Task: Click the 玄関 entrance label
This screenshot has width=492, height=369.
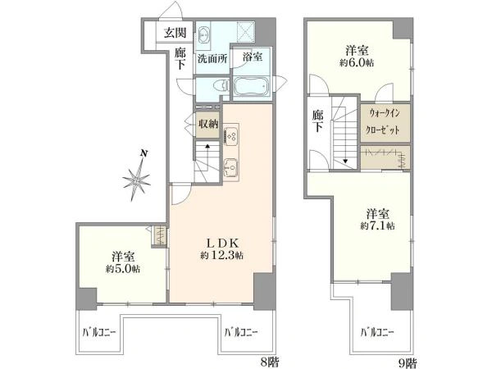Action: [175, 32]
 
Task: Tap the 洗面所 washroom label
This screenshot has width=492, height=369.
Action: [212, 59]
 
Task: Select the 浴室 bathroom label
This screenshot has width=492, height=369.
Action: [253, 57]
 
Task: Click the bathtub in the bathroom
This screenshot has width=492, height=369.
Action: [252, 85]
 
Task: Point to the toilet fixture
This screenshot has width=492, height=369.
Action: [221, 85]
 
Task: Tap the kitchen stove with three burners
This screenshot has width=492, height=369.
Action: [231, 136]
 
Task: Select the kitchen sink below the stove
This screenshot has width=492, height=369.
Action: [231, 167]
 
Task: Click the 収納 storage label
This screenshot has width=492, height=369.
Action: [207, 124]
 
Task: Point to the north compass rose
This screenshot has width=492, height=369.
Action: [137, 179]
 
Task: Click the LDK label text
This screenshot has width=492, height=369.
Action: [222, 243]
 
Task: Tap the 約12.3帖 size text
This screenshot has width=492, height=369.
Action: [222, 255]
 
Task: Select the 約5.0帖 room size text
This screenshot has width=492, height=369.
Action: [123, 269]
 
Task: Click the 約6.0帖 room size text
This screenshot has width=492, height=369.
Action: [357, 62]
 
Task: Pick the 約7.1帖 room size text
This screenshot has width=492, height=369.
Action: [377, 225]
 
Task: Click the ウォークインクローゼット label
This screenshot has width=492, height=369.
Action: [384, 121]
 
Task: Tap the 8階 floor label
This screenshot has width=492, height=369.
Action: [270, 362]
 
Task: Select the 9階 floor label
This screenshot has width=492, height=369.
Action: [408, 363]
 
